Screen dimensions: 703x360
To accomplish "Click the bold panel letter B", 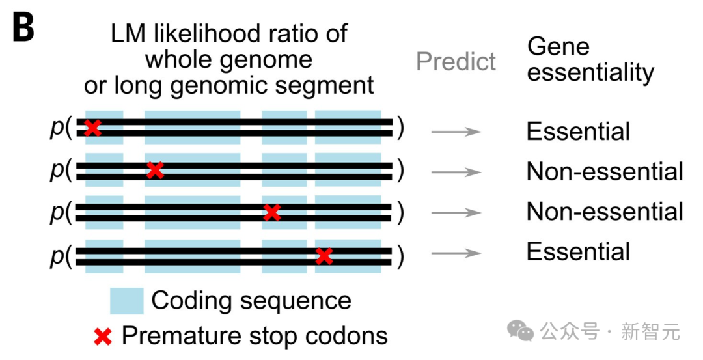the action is point(23,27).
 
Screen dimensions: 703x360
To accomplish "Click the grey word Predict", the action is point(456,61).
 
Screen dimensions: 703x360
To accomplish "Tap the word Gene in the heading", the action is point(558,46).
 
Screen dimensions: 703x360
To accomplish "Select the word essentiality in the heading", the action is point(590,72).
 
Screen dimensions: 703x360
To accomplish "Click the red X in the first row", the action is point(92,128).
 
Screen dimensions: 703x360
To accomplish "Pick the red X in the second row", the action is point(155,171).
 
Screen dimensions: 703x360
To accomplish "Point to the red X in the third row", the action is point(272,212).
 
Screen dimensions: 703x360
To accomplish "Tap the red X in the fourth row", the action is point(324,256).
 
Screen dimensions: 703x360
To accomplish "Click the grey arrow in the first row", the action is point(456,132).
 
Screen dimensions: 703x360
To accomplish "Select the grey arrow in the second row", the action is point(456,172).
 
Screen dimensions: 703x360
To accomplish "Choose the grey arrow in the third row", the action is point(456,212).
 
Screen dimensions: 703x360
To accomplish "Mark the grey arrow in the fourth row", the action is point(456,253).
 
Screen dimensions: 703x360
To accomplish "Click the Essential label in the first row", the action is point(579,131).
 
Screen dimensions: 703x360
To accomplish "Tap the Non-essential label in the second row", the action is point(605,171).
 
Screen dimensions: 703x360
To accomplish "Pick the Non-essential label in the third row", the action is point(605,212).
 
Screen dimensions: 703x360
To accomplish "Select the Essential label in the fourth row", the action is point(579,251).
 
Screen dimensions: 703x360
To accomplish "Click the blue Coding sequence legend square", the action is point(127,301).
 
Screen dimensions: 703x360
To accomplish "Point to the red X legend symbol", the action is point(103,337).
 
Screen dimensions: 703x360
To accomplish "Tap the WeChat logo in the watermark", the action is point(520,331).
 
